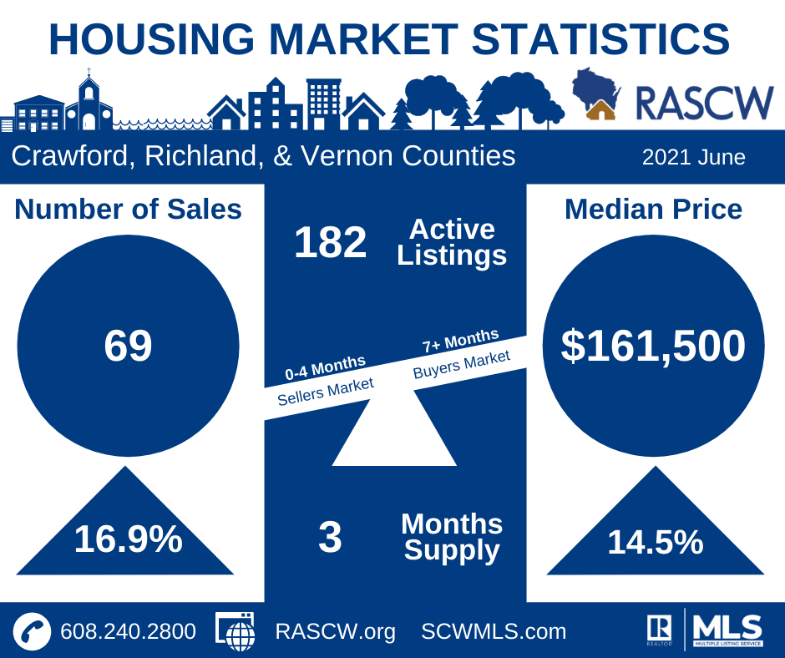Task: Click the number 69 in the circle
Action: tap(128, 346)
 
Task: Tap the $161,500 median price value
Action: tap(653, 346)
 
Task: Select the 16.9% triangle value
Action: tap(128, 539)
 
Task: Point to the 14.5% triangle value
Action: tap(655, 543)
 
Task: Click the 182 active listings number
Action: tap(330, 243)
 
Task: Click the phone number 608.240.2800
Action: tap(128, 631)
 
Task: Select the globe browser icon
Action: tap(236, 631)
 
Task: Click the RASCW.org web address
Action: tap(335, 631)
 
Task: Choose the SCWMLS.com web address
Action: tap(494, 631)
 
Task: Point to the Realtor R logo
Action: tap(659, 627)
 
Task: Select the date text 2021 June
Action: tap(693, 157)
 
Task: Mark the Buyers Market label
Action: tap(461, 365)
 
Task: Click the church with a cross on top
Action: tap(89, 104)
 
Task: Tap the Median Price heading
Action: tap(653, 209)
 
